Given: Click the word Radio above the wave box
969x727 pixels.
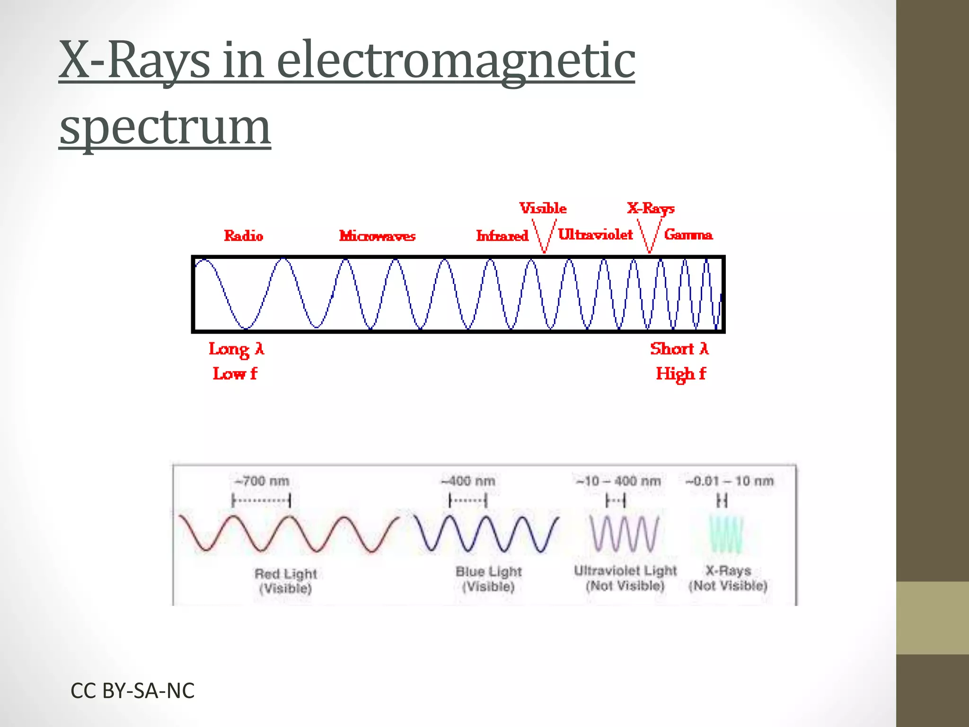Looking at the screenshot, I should click(x=243, y=236).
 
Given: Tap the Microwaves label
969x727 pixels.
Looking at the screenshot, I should click(x=377, y=236).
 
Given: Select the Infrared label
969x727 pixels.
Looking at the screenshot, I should click(x=502, y=236).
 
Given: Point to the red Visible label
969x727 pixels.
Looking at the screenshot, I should click(x=543, y=208).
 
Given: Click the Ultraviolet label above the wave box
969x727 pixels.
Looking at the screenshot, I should click(x=595, y=234).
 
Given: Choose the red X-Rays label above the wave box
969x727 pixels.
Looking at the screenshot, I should click(x=651, y=208).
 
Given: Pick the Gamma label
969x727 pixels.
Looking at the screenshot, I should click(x=688, y=234).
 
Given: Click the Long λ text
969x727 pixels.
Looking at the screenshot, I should click(x=236, y=349).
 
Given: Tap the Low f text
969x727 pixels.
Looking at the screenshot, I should click(x=235, y=373).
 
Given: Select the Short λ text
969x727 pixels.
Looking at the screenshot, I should click(x=679, y=349).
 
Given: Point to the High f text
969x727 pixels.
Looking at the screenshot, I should click(x=680, y=374).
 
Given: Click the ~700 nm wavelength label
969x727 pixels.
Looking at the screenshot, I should click(x=262, y=481).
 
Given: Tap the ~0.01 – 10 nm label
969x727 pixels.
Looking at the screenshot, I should click(x=729, y=481).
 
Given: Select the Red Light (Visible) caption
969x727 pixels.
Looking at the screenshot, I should click(x=285, y=581).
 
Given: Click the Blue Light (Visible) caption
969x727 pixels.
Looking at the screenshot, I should click(x=488, y=579).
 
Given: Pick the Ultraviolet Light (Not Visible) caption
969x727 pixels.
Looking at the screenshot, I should click(x=625, y=578).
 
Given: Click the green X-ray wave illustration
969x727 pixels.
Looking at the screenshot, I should click(x=726, y=534).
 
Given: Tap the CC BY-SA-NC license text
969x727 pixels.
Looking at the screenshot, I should click(x=132, y=691).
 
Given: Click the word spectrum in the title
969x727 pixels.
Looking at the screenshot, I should click(x=165, y=127).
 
